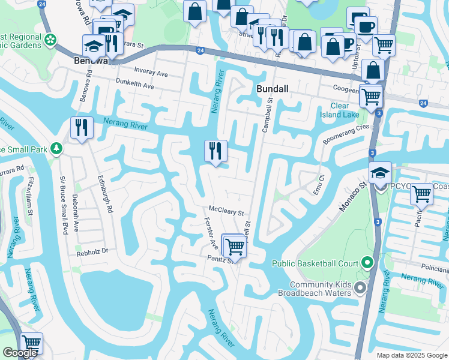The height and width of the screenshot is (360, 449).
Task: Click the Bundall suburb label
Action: (x=273, y=88)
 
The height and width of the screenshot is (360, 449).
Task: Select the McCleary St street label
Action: (x=226, y=212)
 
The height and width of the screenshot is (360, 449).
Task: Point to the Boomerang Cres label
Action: (x=345, y=133)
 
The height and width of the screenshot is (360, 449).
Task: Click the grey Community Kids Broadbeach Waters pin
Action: (x=360, y=289)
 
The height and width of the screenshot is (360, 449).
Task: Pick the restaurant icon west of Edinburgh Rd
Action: (x=80, y=128)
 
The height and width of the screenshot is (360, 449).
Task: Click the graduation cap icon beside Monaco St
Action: (x=380, y=173)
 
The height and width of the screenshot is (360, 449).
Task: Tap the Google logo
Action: (x=20, y=353)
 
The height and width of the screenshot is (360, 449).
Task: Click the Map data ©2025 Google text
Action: (x=411, y=355)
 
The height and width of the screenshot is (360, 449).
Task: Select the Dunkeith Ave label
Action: (x=134, y=85)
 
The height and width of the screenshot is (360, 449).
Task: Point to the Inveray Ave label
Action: (x=151, y=73)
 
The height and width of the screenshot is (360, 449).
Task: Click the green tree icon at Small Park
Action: (x=56, y=148)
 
